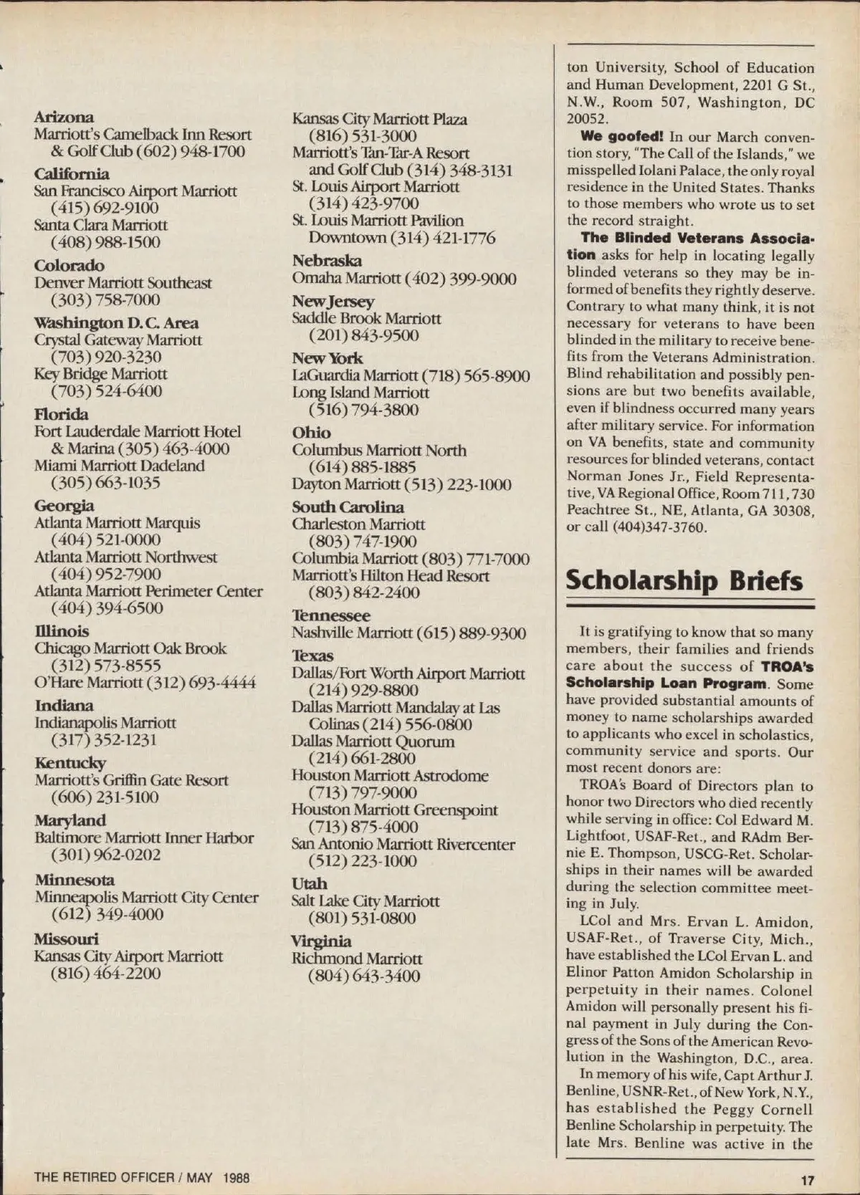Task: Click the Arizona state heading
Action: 64,117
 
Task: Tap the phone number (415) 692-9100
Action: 105,208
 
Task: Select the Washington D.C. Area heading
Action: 116,322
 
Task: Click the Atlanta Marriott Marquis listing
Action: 118,523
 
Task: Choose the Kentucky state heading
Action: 70,763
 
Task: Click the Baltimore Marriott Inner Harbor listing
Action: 144,838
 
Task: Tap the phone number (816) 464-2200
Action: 105,974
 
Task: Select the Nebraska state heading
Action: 327,261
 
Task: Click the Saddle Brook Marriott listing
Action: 366,318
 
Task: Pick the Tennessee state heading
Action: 331,615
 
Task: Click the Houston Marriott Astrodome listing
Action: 390,775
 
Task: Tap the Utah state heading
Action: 310,883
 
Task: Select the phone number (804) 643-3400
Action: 364,976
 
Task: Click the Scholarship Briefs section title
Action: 684,581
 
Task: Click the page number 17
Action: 808,1181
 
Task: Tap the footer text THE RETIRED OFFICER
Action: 104,1177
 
